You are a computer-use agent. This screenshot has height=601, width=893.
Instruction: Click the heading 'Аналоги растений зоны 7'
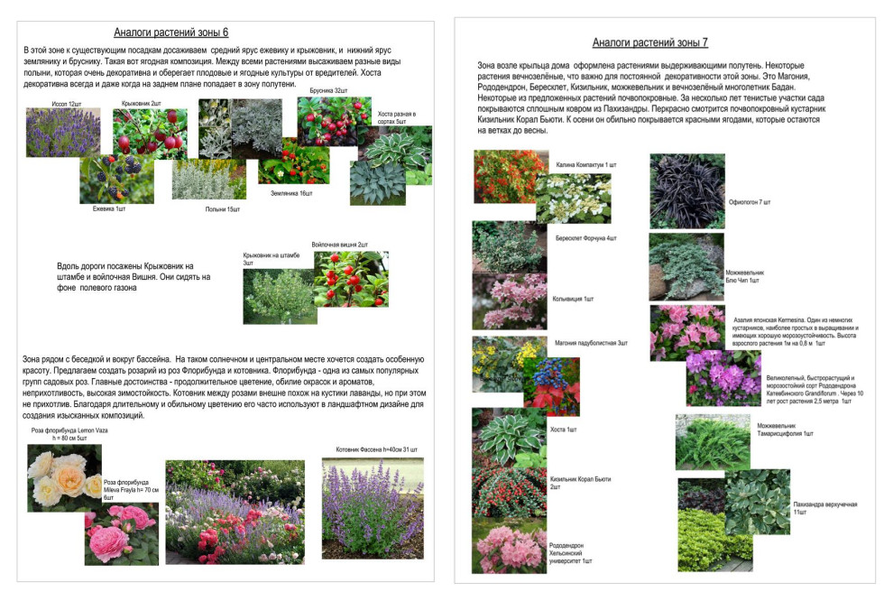[650, 42]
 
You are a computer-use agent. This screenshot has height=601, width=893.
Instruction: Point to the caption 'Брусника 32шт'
[328, 91]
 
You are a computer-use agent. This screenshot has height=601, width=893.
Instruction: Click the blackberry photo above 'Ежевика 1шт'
[116, 179]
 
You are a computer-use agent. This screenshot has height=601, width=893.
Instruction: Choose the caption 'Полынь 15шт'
[222, 209]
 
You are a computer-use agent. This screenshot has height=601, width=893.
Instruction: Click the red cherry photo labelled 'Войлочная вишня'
[345, 279]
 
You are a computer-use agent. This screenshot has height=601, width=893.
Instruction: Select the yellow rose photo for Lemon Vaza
[64, 477]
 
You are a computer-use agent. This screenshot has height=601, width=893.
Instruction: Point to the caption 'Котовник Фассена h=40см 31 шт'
[377, 448]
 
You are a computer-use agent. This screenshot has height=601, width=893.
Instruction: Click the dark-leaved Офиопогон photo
[686, 190]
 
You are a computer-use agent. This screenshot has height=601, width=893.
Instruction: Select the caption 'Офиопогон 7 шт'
[750, 202]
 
